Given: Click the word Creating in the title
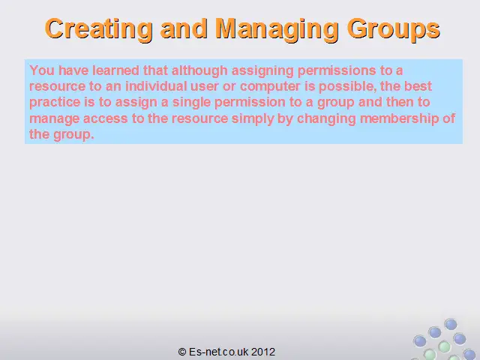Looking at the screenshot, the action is tap(98, 29).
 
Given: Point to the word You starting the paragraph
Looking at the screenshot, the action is tap(42, 70).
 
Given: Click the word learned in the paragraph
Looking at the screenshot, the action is tap(116, 70).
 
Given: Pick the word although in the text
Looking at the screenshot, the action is tap(199, 71).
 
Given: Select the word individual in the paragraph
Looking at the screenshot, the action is tap(156, 86).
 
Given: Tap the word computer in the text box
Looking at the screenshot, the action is tap(270, 87).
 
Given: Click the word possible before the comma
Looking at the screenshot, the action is tap(347, 87).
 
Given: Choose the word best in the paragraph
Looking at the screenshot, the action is tap(418, 86).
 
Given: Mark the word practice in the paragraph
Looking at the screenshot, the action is tap(55, 103).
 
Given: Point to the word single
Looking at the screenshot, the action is tap(192, 103).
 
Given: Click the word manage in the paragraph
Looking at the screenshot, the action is tap(55, 119).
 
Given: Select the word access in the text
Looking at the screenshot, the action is tap(106, 118).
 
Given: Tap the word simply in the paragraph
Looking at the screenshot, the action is tap(253, 118).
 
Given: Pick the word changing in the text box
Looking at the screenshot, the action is tap(327, 118).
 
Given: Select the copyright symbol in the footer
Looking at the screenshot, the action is tap(182, 352).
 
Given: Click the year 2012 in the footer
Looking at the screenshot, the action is tap(263, 352).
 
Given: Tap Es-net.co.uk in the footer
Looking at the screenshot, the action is tap(219, 352).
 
